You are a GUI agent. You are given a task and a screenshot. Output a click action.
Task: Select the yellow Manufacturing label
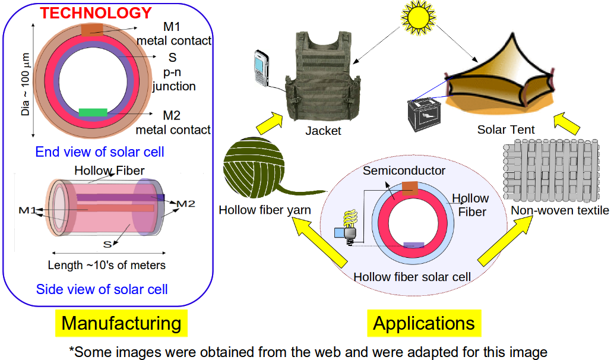pyautogui.click(x=121, y=323)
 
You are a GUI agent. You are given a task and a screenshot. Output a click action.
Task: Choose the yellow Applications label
pyautogui.click(x=424, y=323)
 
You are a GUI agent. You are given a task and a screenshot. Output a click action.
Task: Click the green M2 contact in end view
pyautogui.click(x=93, y=112)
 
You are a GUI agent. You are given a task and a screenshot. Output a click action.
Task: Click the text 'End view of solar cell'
pyautogui.click(x=100, y=152)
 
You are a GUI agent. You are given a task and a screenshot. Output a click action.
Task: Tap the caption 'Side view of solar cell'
pyautogui.click(x=102, y=289)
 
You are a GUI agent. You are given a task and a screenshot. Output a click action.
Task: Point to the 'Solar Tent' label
pyautogui.click(x=506, y=129)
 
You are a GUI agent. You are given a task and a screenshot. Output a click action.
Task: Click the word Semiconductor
pyautogui.click(x=404, y=171)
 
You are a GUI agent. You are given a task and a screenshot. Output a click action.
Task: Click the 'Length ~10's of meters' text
pyautogui.click(x=107, y=265)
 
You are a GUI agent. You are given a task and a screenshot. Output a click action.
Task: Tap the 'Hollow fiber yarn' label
pyautogui.click(x=265, y=210)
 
